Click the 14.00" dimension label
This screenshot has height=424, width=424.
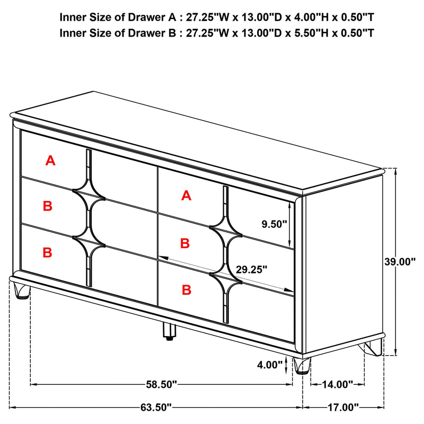(337, 384)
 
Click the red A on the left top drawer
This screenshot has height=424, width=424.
(50, 160)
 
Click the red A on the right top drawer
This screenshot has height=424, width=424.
(185, 196)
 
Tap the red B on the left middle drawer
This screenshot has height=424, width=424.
(48, 207)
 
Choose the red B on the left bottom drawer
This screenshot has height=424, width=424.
(48, 253)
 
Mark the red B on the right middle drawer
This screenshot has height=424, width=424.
(185, 243)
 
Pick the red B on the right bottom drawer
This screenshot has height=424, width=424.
(186, 289)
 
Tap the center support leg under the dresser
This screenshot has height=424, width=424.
(170, 332)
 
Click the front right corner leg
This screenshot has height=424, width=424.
(302, 366)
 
